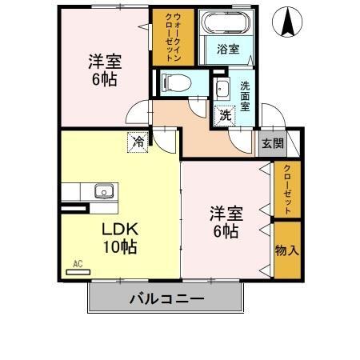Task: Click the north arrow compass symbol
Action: coord(286,22)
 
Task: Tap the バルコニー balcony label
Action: coord(166,299)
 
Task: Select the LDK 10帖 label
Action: coord(118,238)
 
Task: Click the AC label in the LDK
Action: coord(78,263)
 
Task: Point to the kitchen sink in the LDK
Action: coord(103,192)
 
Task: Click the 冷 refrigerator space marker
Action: coord(138,142)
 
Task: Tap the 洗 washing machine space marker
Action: coord(226,115)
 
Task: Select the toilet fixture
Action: coord(174,81)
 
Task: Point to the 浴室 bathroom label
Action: coord(227,50)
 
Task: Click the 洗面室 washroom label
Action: coord(245,95)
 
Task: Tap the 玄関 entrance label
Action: coord(271,144)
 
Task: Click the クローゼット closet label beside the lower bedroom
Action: coord(286,190)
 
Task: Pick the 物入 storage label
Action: coord(286,250)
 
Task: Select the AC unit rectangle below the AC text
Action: coord(78,272)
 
